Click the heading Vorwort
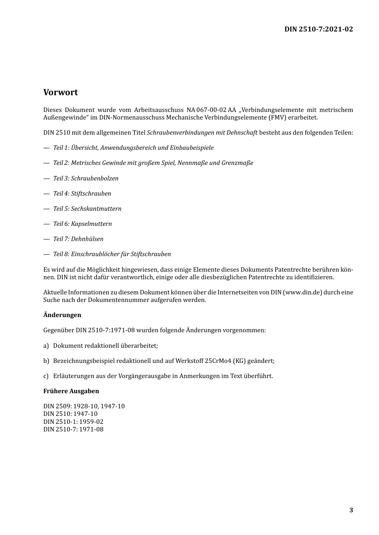(x=61, y=92)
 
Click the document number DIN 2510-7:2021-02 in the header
(x=318, y=29)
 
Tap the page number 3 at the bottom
(x=351, y=510)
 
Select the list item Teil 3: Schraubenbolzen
(x=86, y=178)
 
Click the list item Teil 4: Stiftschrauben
(x=82, y=194)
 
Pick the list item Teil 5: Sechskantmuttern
(x=87, y=209)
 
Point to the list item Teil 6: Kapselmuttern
(x=83, y=224)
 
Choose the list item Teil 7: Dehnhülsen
(x=78, y=239)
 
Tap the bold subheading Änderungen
(x=62, y=315)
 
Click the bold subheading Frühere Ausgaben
(x=71, y=391)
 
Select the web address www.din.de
(x=303, y=292)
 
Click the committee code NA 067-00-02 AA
(x=211, y=110)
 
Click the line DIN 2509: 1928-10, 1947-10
(x=84, y=406)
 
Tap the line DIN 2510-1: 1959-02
(x=73, y=421)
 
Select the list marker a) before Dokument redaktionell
(x=46, y=346)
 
